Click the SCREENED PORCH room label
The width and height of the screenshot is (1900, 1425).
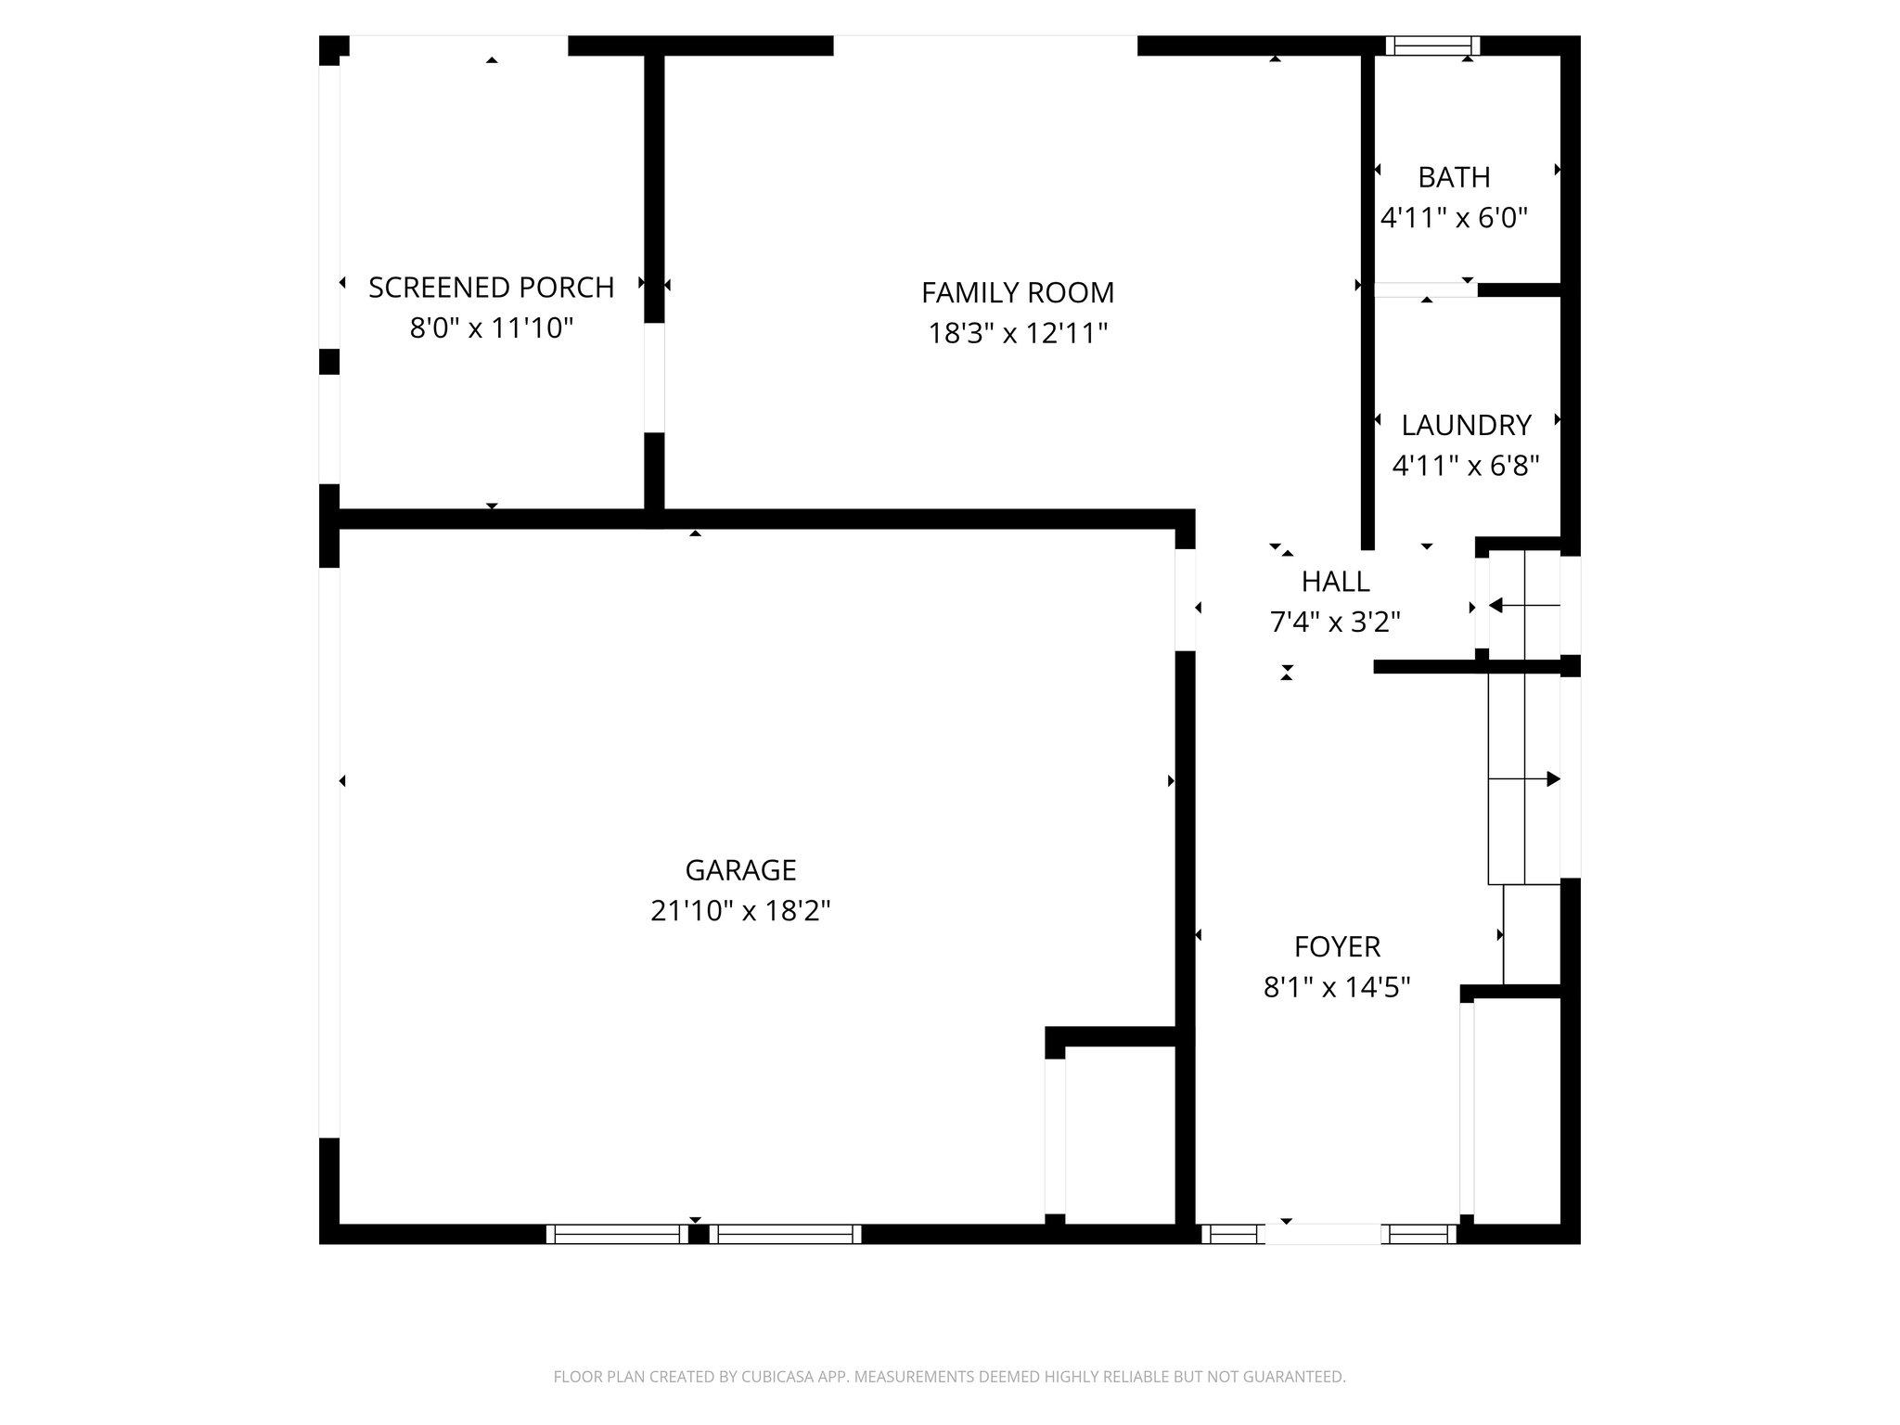491,288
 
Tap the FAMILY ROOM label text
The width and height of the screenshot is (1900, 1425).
1018,293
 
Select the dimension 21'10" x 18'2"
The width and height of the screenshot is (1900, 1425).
739,911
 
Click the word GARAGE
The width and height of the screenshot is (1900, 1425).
740,870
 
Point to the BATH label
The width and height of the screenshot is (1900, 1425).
1454,177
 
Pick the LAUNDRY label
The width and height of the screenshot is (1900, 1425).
1466,425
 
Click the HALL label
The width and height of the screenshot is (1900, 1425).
1335,582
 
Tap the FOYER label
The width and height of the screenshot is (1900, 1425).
1337,947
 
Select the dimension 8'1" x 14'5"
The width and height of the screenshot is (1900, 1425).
1337,988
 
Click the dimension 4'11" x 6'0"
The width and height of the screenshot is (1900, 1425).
1454,218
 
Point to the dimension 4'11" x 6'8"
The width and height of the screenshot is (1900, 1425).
1466,466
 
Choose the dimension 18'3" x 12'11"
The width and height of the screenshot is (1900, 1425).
1018,333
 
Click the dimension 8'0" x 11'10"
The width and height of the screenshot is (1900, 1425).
491,328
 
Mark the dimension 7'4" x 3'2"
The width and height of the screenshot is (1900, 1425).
1335,623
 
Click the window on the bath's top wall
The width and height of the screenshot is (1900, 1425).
1432,45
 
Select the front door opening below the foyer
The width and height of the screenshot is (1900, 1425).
1323,1234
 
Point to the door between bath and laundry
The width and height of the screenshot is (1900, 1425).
1425,289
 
